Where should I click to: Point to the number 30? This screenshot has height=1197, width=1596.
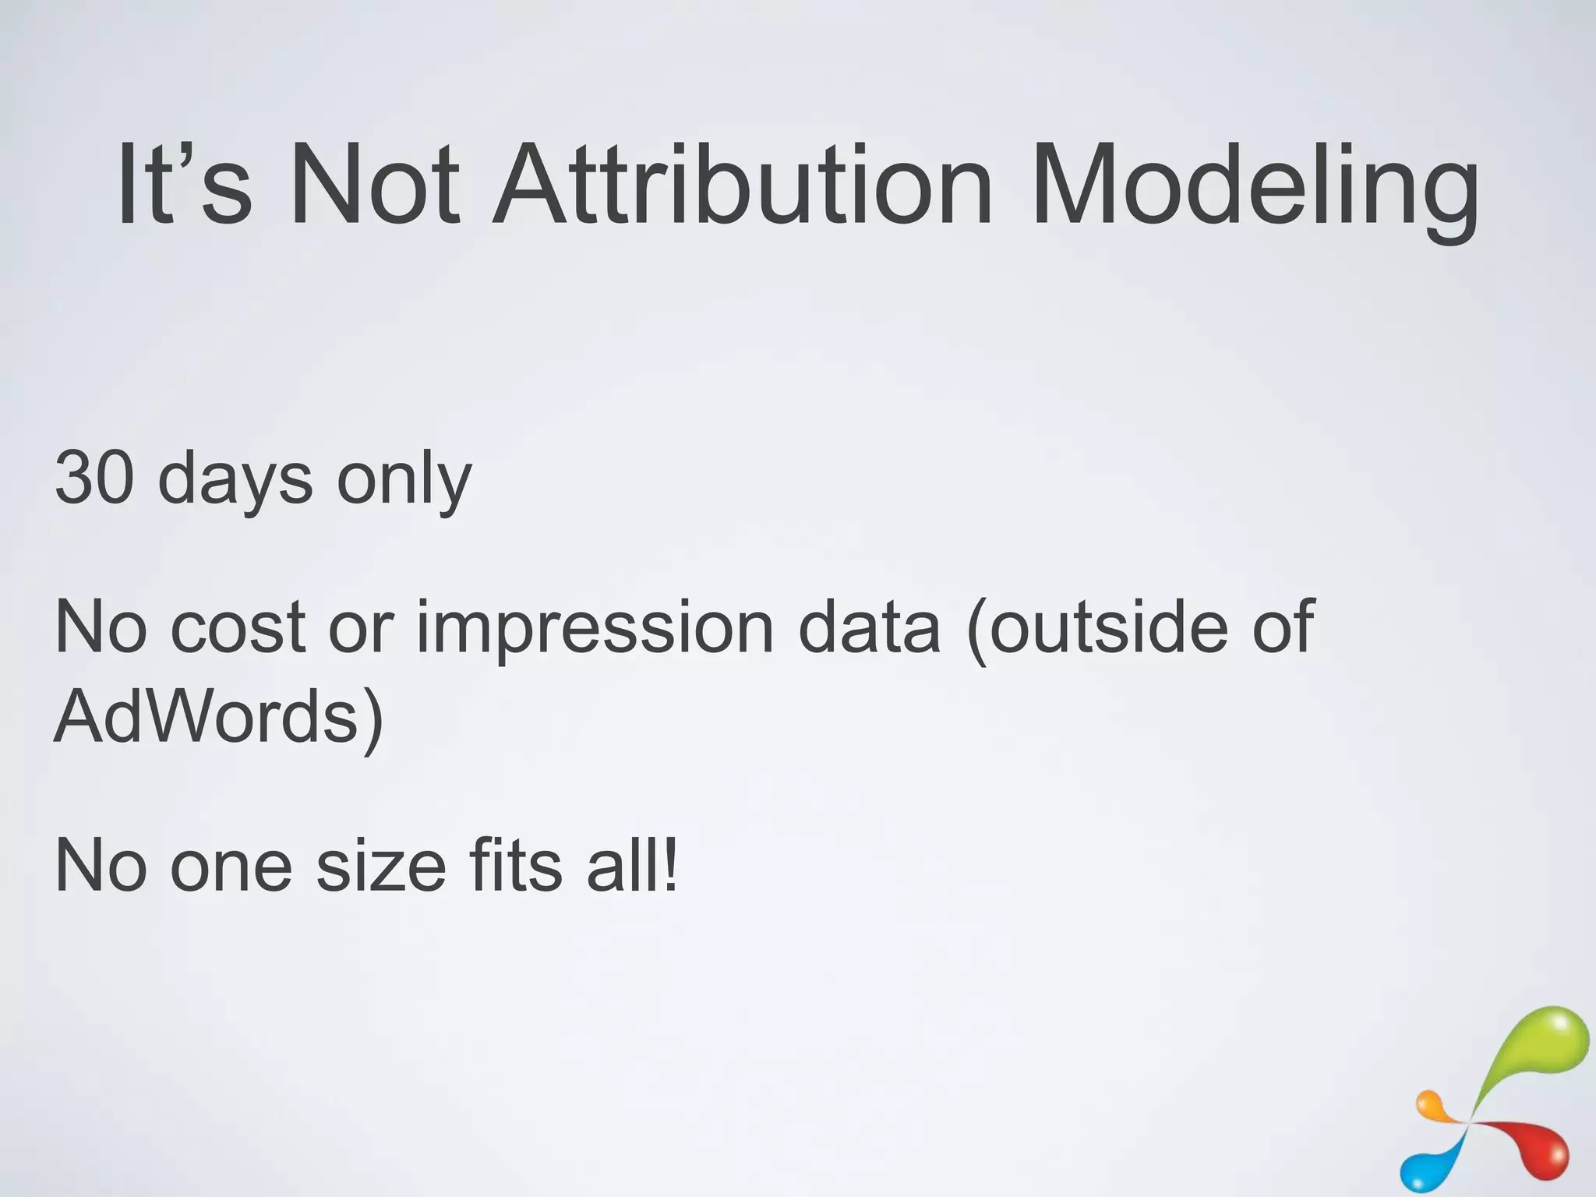pos(94,477)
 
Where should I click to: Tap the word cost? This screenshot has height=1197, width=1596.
pos(237,628)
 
